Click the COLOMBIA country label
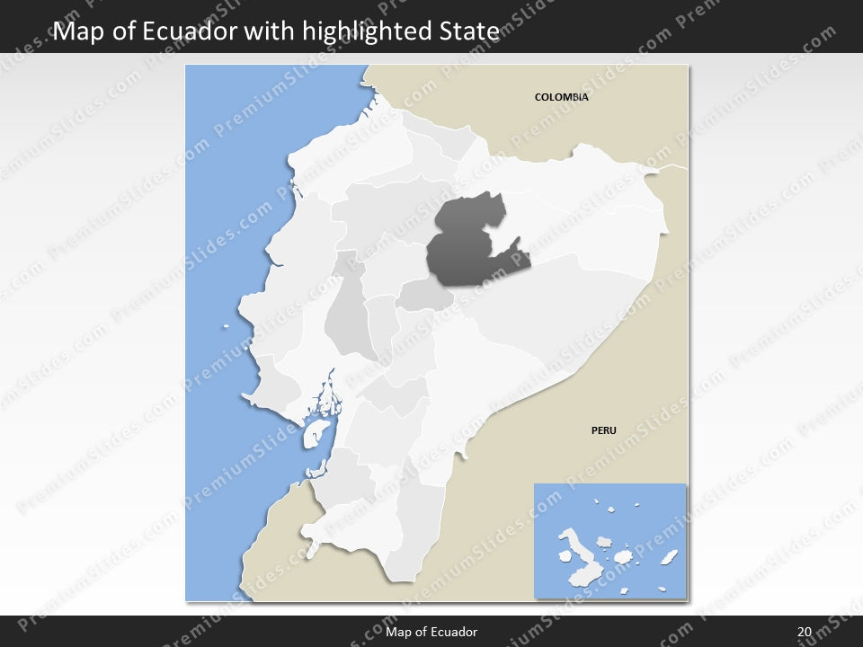coord(561,97)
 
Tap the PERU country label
coord(603,430)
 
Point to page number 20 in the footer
coord(804,632)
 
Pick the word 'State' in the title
coord(467,31)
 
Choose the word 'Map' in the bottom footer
coord(398,632)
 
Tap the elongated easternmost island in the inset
coord(669,558)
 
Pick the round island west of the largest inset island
coord(551,556)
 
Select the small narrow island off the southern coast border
coord(316,469)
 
